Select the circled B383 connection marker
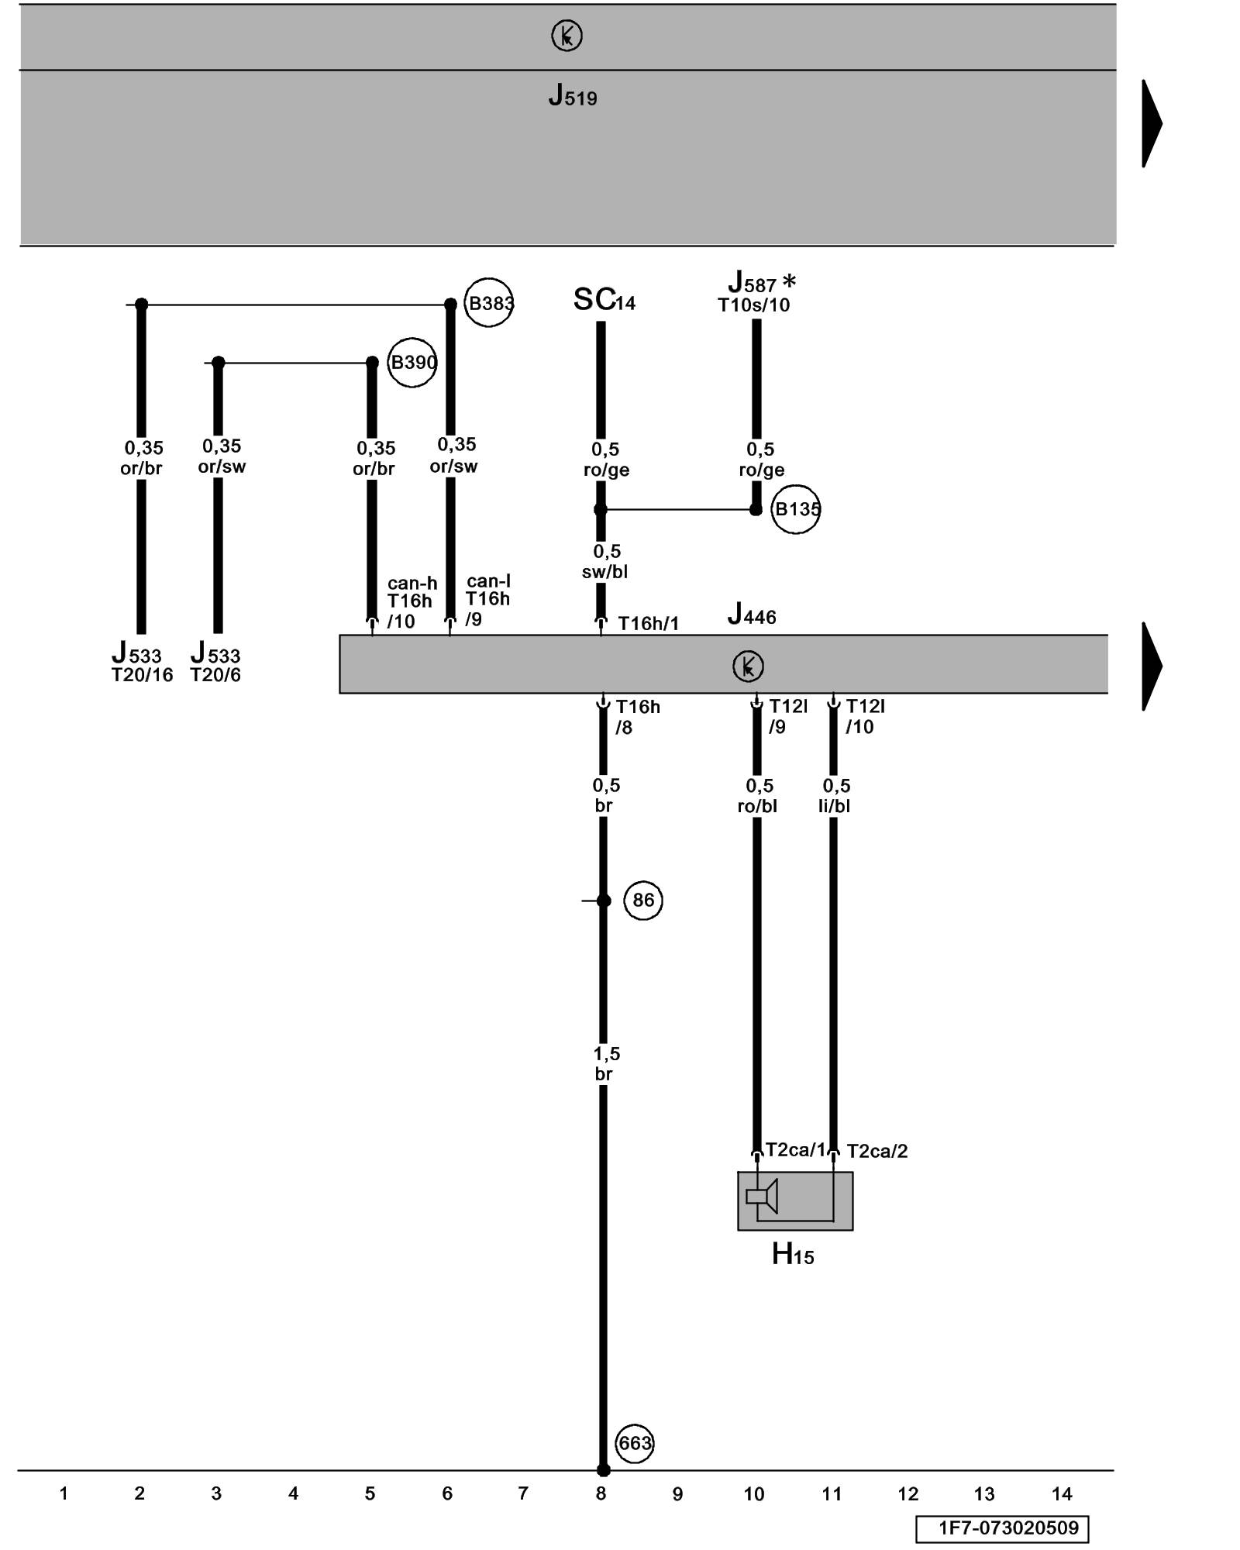pyautogui.click(x=489, y=303)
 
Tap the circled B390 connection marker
pyautogui.click(x=412, y=363)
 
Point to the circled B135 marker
pyautogui.click(x=796, y=509)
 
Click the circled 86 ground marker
pyautogui.click(x=643, y=900)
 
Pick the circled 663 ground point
pyautogui.click(x=635, y=1443)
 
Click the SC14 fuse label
pyautogui.click(x=604, y=300)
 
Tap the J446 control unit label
pyautogui.click(x=751, y=615)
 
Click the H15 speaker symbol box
pyautogui.click(x=794, y=1200)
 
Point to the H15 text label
pyautogui.click(x=792, y=1254)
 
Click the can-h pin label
pyautogui.click(x=412, y=584)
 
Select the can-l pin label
pyautogui.click(x=488, y=581)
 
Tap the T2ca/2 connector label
pyautogui.click(x=877, y=1152)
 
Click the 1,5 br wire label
pyautogui.click(x=605, y=1063)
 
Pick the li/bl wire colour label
pyautogui.click(x=834, y=806)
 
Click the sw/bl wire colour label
pyautogui.click(x=604, y=572)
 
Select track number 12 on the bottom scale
pyautogui.click(x=908, y=1493)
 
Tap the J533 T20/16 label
pyautogui.click(x=141, y=663)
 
